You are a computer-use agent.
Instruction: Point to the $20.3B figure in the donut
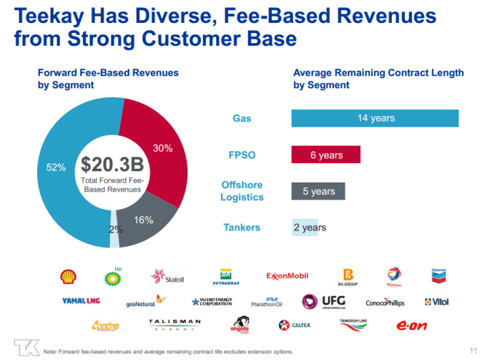(x=112, y=164)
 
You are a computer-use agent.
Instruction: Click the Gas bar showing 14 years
(x=375, y=118)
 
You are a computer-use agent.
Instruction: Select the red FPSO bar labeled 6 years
(x=326, y=155)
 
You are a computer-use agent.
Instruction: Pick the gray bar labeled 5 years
(x=318, y=191)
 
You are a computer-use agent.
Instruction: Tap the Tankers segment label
(x=242, y=228)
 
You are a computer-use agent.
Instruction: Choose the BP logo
(x=113, y=276)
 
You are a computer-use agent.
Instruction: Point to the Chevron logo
(x=438, y=276)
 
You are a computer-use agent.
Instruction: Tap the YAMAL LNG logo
(x=82, y=301)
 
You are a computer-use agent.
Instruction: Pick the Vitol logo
(x=436, y=302)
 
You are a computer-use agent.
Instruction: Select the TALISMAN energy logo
(x=174, y=325)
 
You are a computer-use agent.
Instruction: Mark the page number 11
(x=473, y=349)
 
